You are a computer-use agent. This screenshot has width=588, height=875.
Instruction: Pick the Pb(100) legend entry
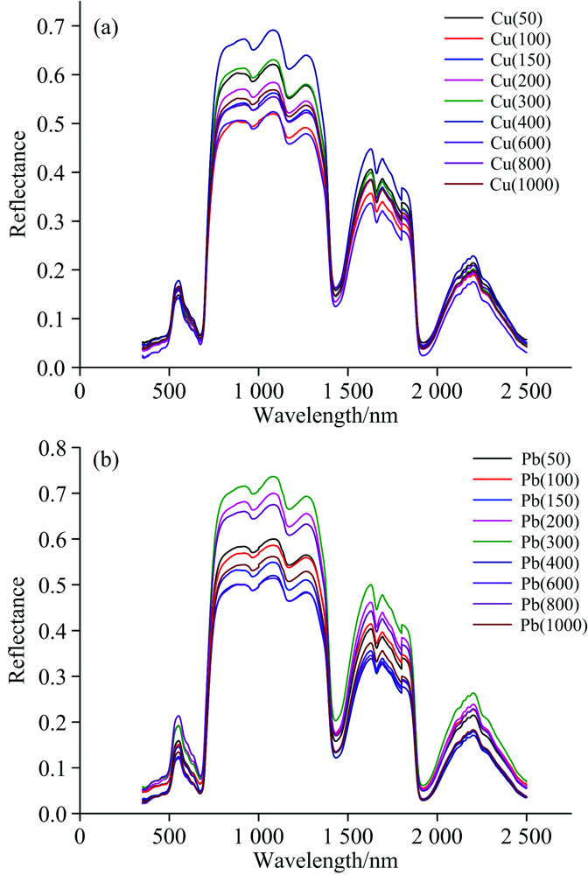click(516, 479)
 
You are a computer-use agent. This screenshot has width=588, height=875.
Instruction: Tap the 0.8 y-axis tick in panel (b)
click(55, 450)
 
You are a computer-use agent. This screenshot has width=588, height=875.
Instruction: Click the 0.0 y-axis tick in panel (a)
click(55, 367)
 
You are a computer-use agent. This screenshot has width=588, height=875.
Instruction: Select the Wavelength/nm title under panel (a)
click(326, 414)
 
